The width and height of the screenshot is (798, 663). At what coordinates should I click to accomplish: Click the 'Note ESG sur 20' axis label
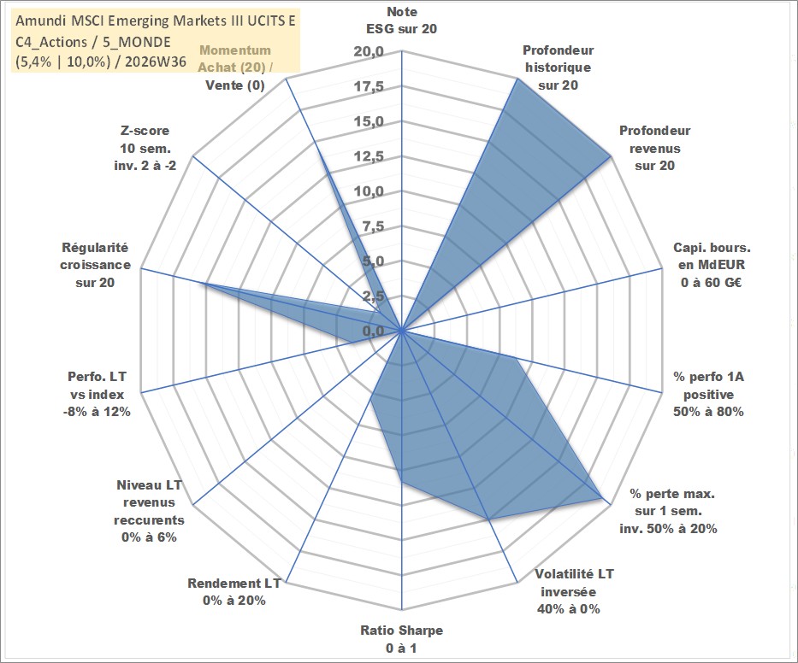(401, 21)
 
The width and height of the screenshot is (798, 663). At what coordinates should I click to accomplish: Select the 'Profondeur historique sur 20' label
(559, 67)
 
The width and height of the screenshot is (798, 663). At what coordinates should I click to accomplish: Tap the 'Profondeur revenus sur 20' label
(654, 148)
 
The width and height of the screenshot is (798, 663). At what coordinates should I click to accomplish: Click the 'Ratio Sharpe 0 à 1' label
(401, 639)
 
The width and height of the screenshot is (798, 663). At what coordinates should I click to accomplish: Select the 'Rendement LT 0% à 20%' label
(234, 592)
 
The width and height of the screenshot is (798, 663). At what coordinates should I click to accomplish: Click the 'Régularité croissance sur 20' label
(95, 265)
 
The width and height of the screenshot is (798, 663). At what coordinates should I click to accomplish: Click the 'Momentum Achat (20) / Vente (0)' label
(235, 67)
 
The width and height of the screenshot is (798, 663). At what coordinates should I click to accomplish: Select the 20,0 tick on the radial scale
(369, 52)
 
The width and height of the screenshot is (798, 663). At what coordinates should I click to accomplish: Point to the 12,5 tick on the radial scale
(369, 156)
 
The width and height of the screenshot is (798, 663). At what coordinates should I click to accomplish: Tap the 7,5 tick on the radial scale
(374, 226)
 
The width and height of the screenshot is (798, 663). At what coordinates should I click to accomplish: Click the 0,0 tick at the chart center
(374, 331)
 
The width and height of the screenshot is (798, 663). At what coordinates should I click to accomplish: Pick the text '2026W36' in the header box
(155, 62)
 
